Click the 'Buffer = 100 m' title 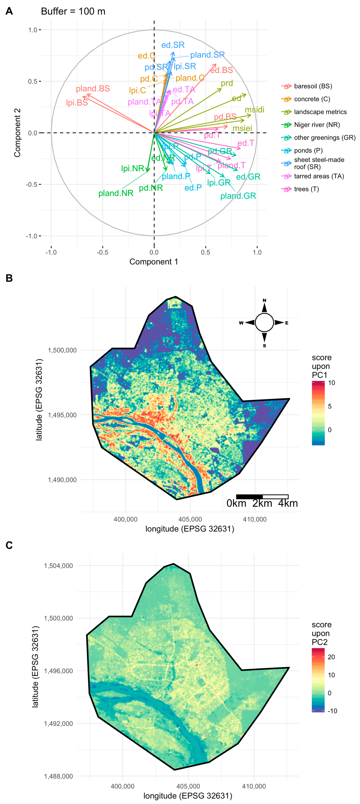(73, 12)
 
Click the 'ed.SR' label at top (173, 45)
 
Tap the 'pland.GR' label (238, 196)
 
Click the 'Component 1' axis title (154, 262)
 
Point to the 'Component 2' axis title (17, 133)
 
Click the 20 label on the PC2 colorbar (331, 657)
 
